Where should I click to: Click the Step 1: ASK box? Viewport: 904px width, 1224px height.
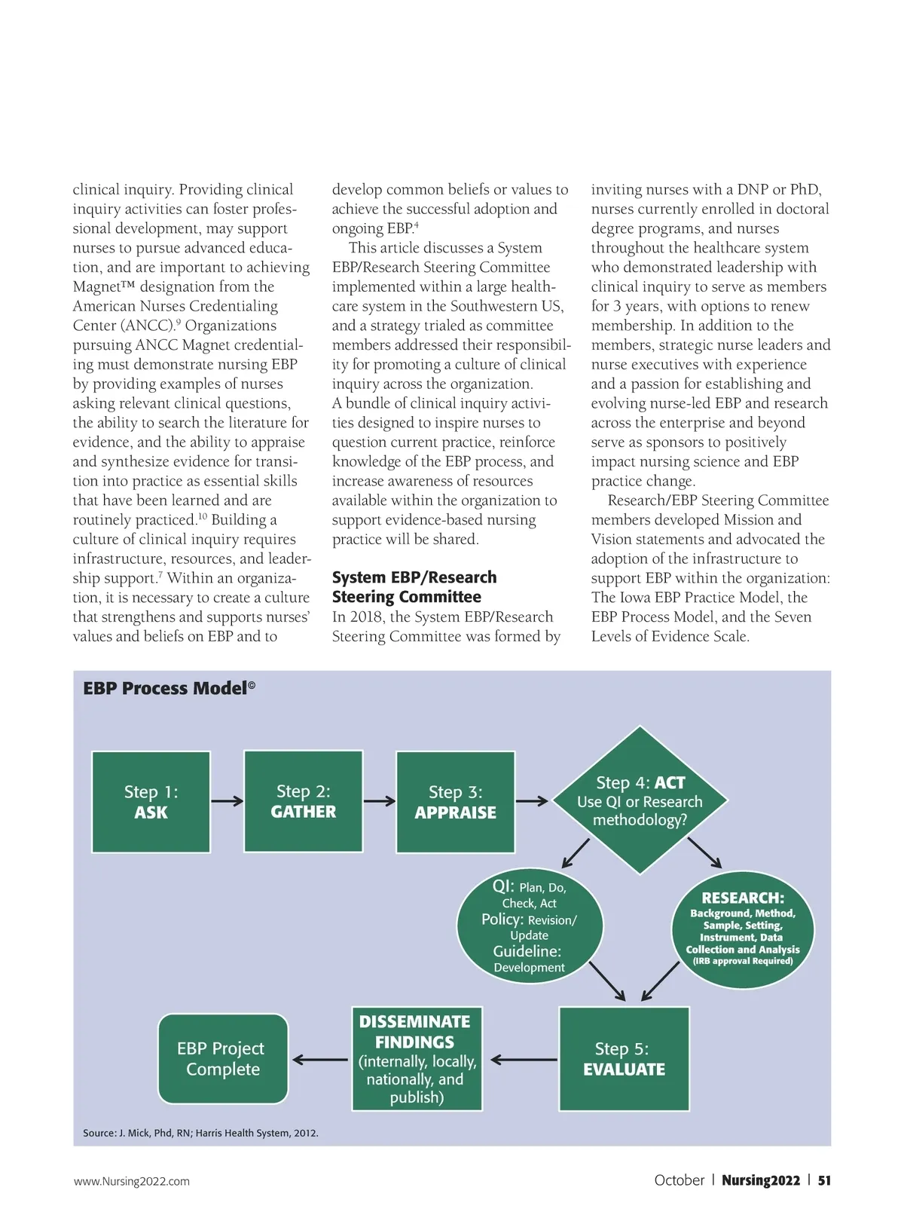(x=151, y=802)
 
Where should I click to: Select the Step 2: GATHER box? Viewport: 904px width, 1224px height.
(x=304, y=801)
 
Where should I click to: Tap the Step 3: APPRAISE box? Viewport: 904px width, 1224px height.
(x=456, y=802)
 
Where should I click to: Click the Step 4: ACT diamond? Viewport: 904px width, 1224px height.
(x=640, y=800)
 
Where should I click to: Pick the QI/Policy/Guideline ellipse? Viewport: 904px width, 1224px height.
(x=530, y=926)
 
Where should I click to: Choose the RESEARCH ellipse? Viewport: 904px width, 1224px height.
(x=743, y=929)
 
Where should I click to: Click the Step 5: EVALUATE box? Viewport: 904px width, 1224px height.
(x=624, y=1058)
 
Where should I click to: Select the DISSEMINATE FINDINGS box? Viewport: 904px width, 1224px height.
(x=417, y=1058)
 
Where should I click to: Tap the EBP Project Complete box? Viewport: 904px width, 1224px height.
(x=223, y=1058)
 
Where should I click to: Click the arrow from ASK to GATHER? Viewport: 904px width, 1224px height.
(x=227, y=801)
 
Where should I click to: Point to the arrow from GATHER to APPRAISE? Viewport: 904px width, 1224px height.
(x=380, y=801)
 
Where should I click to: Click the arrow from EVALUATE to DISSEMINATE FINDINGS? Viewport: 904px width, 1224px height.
(x=524, y=1060)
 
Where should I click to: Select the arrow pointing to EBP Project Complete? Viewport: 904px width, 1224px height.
(x=321, y=1060)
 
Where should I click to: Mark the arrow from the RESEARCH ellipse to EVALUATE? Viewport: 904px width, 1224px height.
(x=661, y=981)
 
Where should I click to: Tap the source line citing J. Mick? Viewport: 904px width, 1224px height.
(x=200, y=1133)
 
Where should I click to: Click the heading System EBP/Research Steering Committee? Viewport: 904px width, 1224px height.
(x=414, y=587)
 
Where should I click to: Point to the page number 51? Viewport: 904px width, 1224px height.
(x=824, y=1180)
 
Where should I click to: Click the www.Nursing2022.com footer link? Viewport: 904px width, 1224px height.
(x=132, y=1181)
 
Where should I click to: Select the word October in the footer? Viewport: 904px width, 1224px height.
(x=679, y=1180)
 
